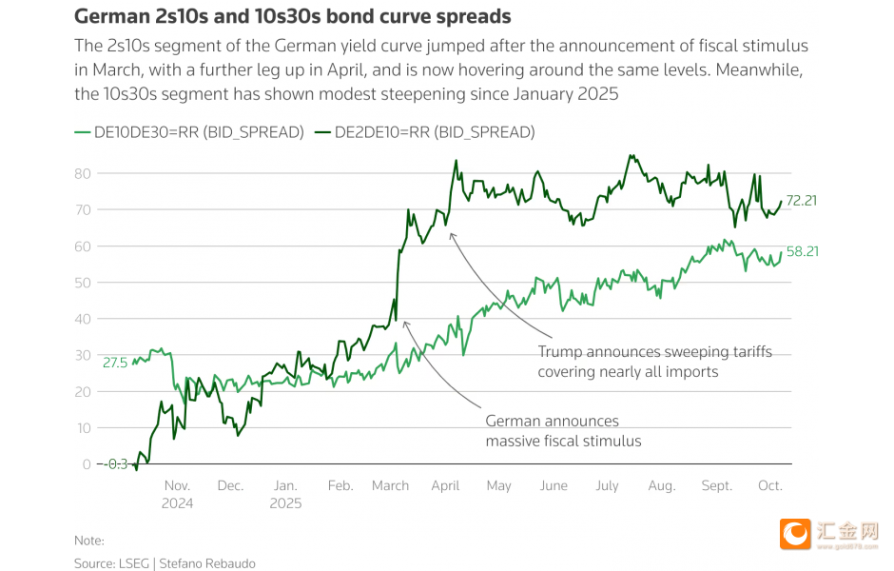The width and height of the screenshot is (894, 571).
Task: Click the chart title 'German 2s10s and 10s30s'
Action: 292,17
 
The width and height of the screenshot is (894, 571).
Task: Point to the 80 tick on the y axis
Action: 83,173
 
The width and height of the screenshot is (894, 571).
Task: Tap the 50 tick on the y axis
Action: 83,283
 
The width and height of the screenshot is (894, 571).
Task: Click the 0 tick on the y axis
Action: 87,464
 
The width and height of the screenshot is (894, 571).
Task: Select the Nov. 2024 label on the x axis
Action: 178,494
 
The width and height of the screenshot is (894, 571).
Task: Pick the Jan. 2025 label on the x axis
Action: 285,494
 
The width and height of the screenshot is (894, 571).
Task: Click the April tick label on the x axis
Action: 444,485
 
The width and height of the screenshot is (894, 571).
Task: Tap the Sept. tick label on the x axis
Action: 716,485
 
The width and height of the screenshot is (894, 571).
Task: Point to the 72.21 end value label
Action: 802,200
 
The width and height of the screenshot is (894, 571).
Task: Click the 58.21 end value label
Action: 802,251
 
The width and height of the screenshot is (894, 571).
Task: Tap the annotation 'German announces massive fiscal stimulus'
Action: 563,431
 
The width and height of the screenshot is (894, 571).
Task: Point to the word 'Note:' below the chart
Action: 89,541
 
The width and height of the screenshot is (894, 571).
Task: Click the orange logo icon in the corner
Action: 795,534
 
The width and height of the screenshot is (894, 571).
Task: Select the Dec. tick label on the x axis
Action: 230,485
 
